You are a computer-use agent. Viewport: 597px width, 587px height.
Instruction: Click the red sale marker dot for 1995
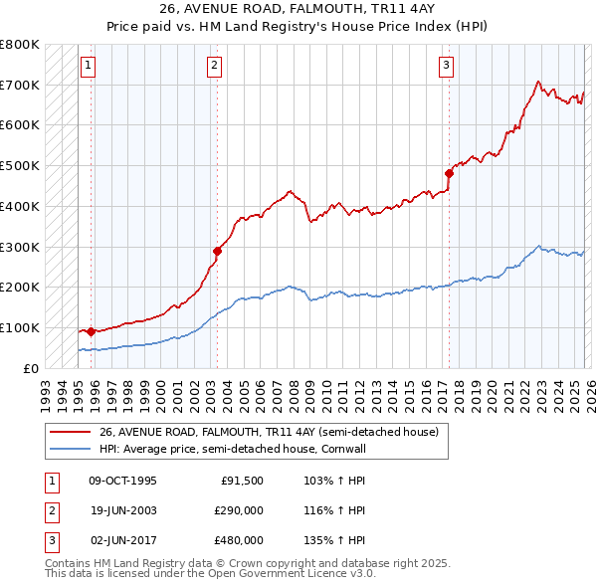tap(91, 331)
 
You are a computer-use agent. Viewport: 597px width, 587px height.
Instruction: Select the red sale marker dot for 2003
tap(217, 251)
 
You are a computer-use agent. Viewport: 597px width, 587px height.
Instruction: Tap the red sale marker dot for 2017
tap(449, 173)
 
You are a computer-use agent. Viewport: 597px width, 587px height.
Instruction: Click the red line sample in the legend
tap(70, 432)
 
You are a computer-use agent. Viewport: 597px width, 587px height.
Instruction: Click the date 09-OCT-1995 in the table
tap(122, 482)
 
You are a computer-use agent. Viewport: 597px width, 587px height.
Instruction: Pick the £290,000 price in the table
tap(239, 510)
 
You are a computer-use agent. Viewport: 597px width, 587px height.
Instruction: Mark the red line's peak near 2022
tap(537, 82)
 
